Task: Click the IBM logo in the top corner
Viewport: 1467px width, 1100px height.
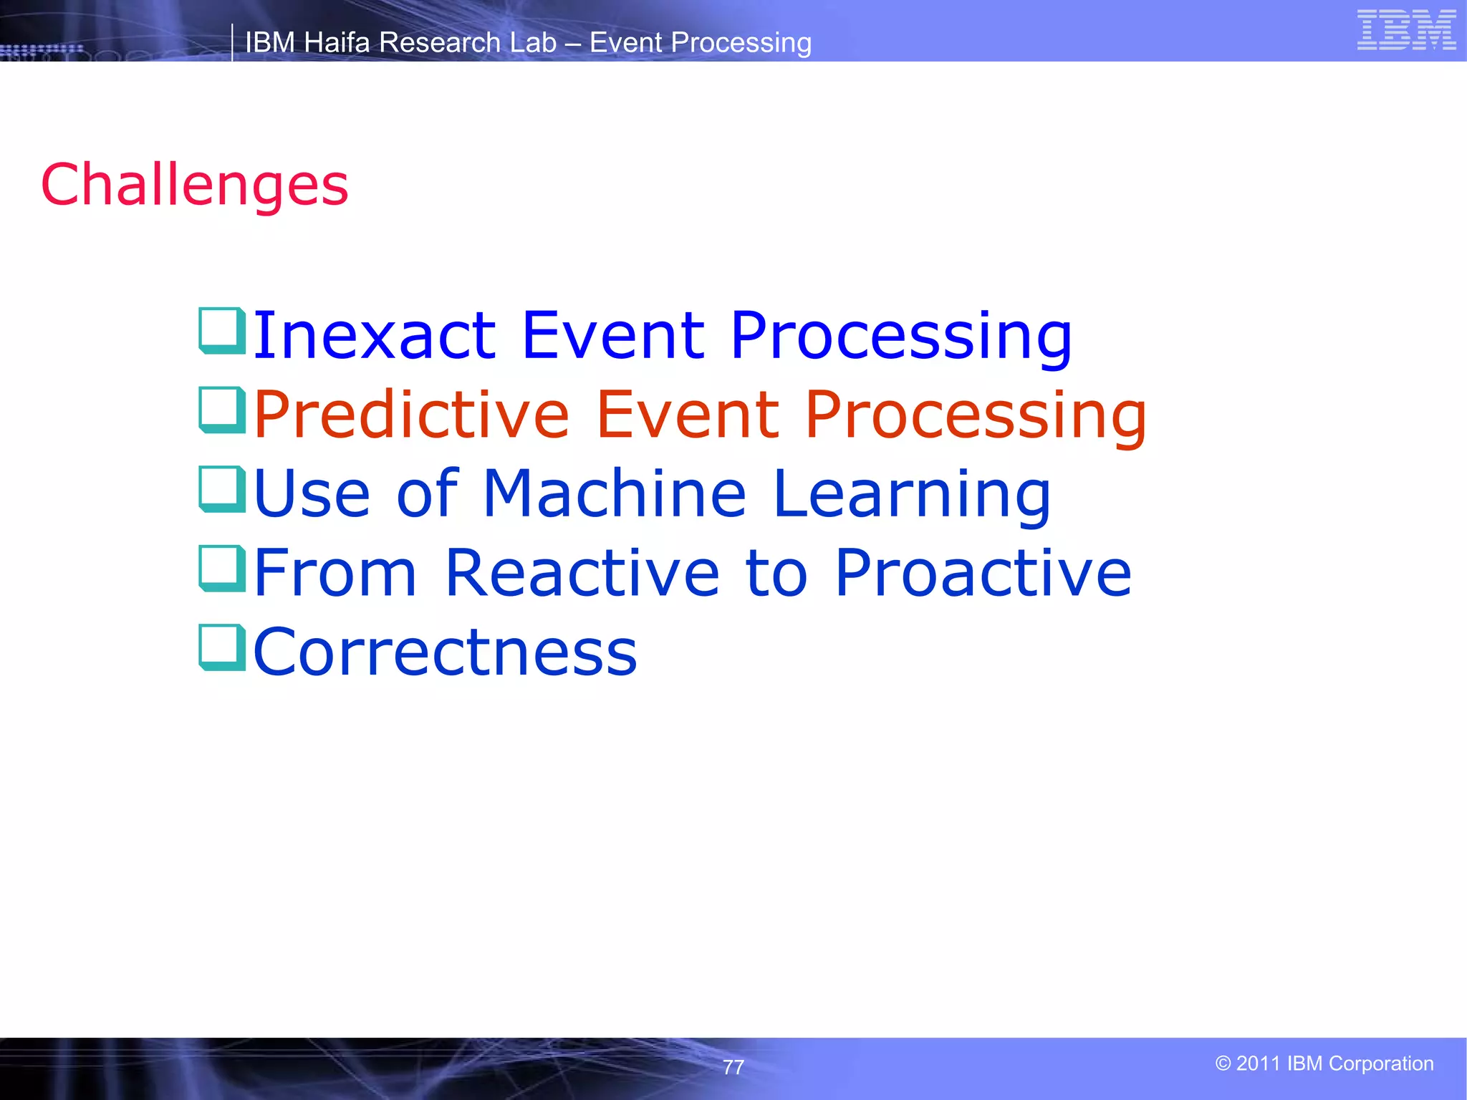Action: (1405, 30)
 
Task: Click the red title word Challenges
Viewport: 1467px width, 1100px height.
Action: (195, 185)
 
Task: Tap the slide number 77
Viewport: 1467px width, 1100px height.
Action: (733, 1067)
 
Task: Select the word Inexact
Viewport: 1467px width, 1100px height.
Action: (374, 335)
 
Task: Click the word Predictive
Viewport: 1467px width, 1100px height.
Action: (411, 415)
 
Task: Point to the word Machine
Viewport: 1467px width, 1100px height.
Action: (615, 493)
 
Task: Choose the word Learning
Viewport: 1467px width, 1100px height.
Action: (912, 493)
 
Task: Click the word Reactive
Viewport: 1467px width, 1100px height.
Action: (582, 573)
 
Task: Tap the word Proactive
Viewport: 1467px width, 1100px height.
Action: (983, 573)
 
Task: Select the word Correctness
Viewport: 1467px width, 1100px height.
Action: (445, 652)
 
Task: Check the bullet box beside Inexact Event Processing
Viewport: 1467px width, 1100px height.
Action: (222, 331)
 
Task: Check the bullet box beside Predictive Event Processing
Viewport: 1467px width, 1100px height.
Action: (222, 410)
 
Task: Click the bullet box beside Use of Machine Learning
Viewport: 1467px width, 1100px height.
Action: (222, 490)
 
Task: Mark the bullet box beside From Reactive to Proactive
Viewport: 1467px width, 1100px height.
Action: (222, 569)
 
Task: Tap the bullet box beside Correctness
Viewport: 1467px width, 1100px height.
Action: (222, 648)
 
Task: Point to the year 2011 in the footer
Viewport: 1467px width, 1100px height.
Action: (1258, 1063)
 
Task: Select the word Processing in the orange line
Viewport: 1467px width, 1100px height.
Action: (976, 416)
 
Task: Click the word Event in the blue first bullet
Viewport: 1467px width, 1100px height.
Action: (613, 335)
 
